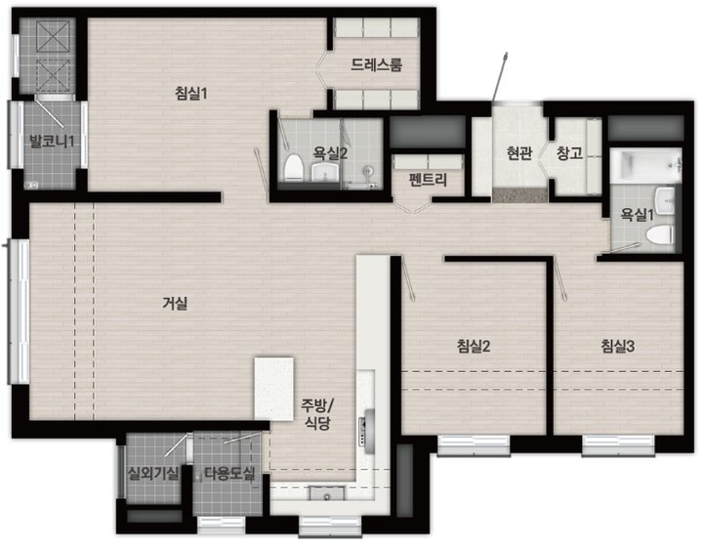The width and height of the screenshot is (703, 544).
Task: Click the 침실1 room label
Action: pyautogui.click(x=191, y=94)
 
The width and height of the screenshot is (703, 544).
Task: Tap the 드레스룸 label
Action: pyautogui.click(x=376, y=65)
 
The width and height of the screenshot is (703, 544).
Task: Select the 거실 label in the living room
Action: pyautogui.click(x=175, y=304)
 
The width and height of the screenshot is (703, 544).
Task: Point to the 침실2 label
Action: pyautogui.click(x=474, y=346)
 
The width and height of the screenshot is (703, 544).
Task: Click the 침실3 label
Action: pyautogui.click(x=618, y=346)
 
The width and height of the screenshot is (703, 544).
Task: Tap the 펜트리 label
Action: pyautogui.click(x=428, y=180)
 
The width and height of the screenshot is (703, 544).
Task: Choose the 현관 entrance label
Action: pyautogui.click(x=519, y=153)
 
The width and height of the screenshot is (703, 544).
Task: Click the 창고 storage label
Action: pyautogui.click(x=569, y=153)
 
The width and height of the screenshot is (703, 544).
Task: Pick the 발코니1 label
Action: pyautogui.click(x=52, y=142)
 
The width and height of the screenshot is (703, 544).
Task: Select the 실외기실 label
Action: pyautogui.click(x=153, y=473)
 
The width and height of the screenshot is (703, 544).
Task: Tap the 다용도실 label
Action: pyautogui.click(x=229, y=473)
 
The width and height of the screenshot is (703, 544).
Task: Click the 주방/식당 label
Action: pyautogui.click(x=317, y=414)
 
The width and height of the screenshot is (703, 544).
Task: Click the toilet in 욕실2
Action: pyautogui.click(x=294, y=168)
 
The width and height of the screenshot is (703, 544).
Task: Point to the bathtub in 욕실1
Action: pyautogui.click(x=646, y=166)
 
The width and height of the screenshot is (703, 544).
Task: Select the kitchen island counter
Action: pyautogui.click(x=274, y=389)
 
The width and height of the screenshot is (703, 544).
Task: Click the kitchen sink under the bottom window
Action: pyautogui.click(x=327, y=493)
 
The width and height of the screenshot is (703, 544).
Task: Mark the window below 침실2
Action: pyautogui.click(x=474, y=445)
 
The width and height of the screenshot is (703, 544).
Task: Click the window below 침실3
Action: pyautogui.click(x=618, y=445)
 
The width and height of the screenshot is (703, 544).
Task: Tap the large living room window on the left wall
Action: pyautogui.click(x=19, y=312)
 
